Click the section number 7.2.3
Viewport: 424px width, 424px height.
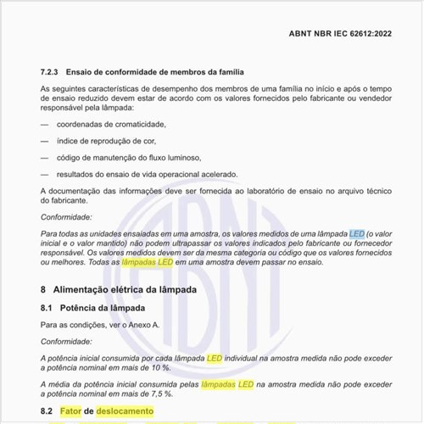click(x=53, y=73)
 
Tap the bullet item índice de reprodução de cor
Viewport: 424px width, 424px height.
click(x=107, y=141)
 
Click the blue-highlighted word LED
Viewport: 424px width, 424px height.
click(x=356, y=233)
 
